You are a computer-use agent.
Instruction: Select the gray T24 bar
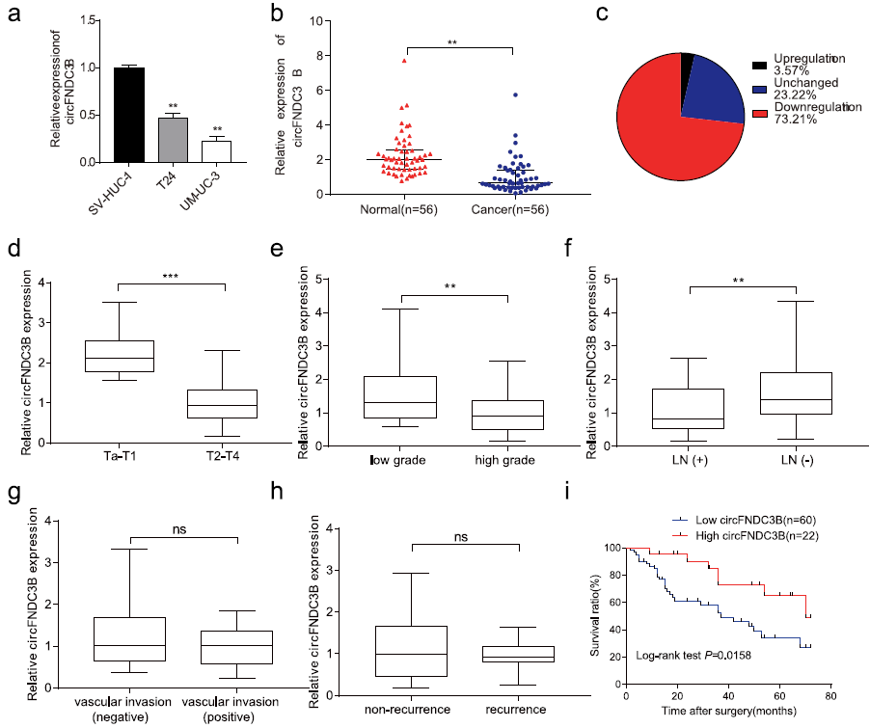pyautogui.click(x=173, y=139)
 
